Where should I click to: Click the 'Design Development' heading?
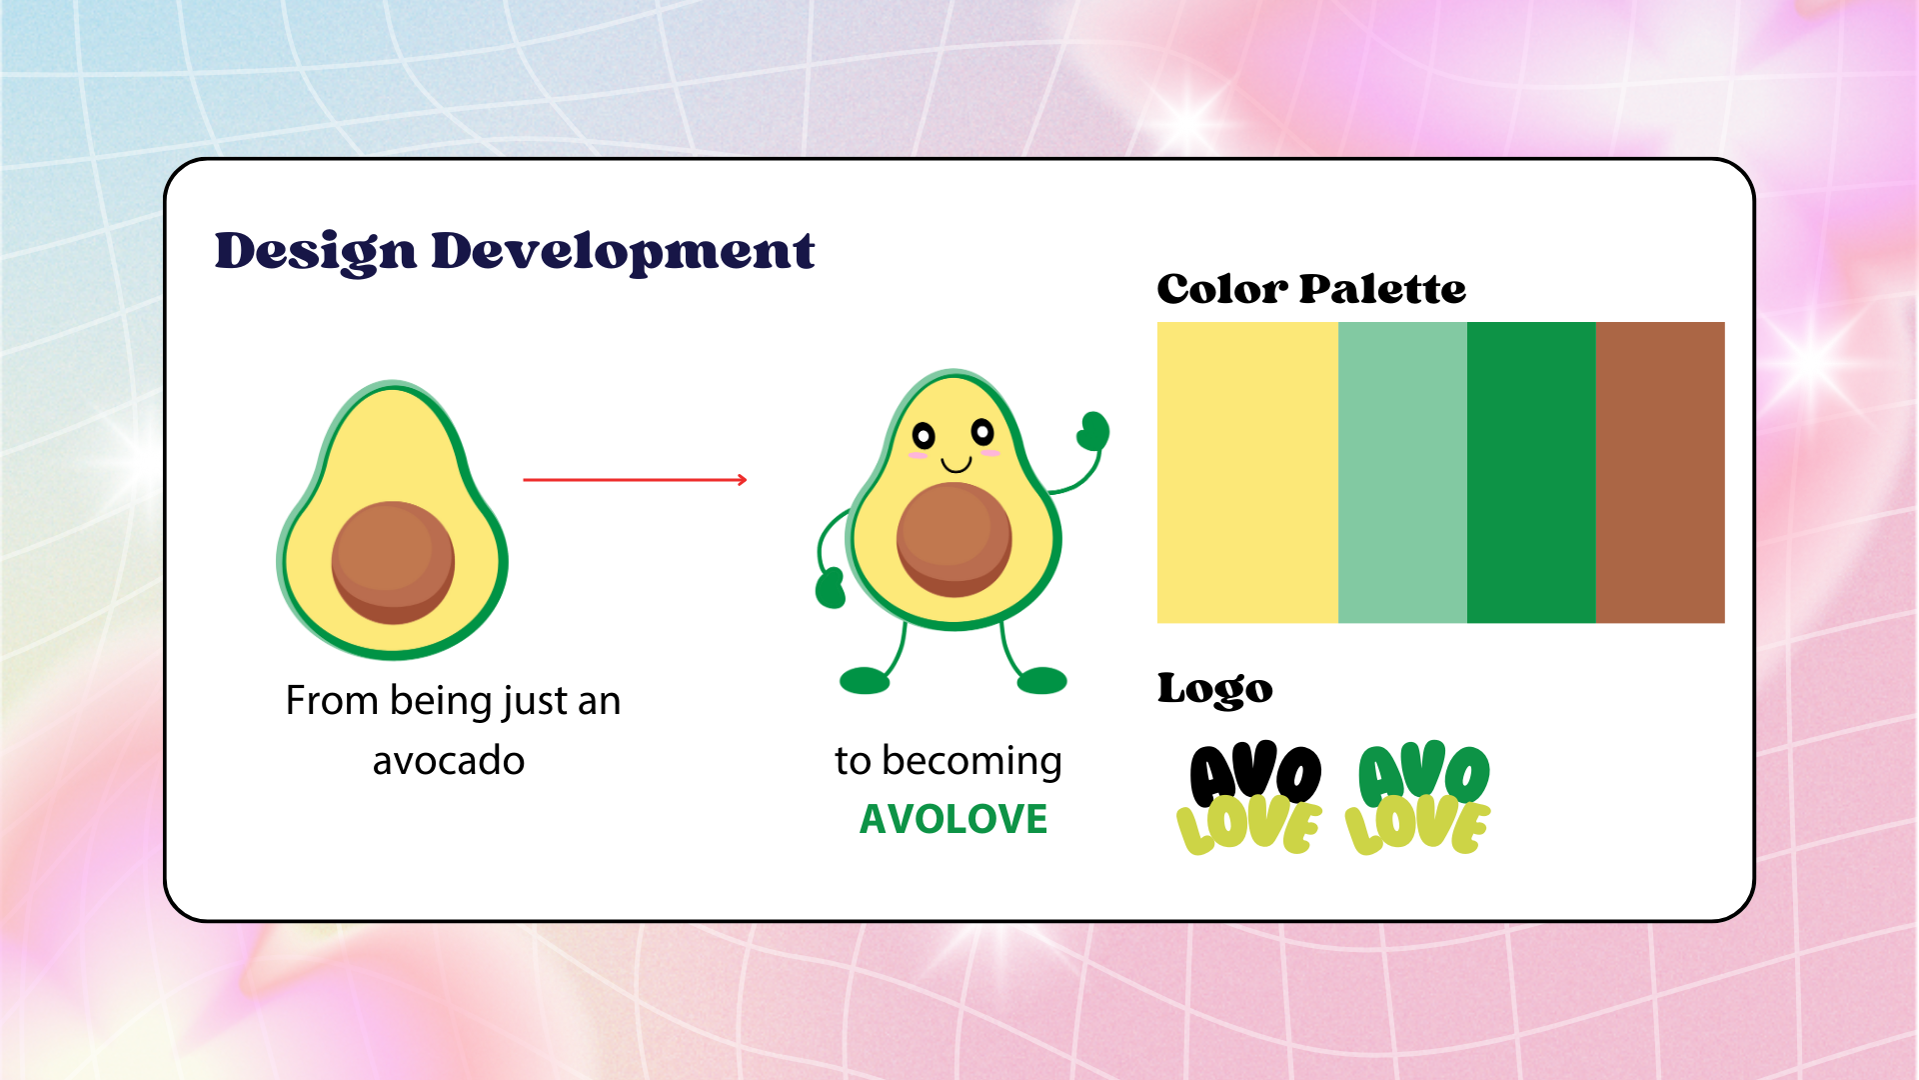point(515,252)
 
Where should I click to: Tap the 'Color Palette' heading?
point(1311,289)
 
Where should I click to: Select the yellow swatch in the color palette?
point(1247,472)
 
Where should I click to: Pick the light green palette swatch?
point(1402,472)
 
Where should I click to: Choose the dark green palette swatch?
point(1531,472)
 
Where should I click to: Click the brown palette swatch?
point(1660,472)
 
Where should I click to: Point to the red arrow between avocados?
point(636,480)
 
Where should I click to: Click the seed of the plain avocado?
point(393,562)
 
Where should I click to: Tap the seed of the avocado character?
point(954,539)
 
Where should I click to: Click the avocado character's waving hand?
point(1093,431)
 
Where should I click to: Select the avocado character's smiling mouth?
point(957,465)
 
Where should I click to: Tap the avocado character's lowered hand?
point(830,588)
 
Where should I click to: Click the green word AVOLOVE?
point(954,819)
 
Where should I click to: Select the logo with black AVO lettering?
point(1250,798)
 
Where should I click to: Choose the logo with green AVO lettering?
point(1418,798)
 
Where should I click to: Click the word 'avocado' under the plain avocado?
point(449,761)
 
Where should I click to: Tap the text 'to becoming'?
point(949,762)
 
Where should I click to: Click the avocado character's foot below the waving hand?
point(1042,681)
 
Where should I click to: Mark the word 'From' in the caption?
point(331,700)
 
